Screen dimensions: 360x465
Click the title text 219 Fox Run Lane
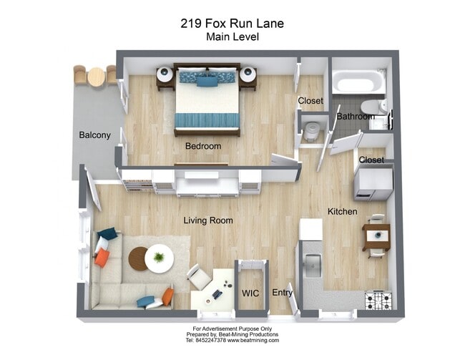[x=232, y=23]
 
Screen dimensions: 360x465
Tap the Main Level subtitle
[x=232, y=37]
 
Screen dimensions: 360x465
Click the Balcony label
[x=94, y=135]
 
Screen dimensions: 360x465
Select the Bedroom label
[x=203, y=146]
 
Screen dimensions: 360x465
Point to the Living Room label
[x=207, y=220]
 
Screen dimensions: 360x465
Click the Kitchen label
[x=342, y=212]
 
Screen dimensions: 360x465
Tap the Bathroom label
[x=355, y=116]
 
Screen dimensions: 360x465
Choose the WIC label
[x=250, y=293]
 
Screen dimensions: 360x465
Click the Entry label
[x=283, y=293]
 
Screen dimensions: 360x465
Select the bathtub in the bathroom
[x=360, y=85]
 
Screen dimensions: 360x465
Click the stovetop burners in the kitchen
[x=378, y=300]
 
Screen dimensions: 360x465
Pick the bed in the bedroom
[x=207, y=100]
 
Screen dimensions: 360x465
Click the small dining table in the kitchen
[x=376, y=235]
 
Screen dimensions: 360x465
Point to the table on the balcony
[x=96, y=77]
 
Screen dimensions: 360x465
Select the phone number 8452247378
[x=207, y=341]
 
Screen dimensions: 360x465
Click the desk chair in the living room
[x=198, y=276]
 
